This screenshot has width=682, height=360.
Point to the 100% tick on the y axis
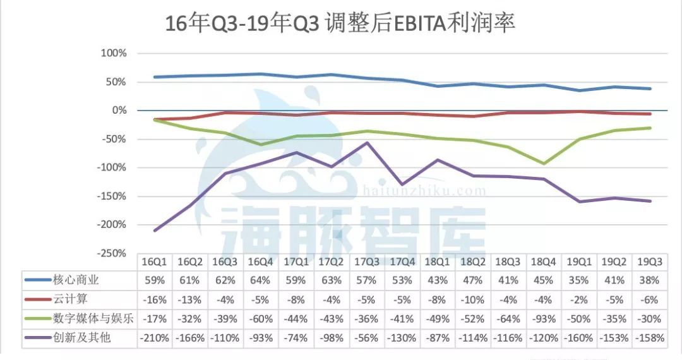[114, 54]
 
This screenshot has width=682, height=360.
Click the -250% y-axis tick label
[112, 253]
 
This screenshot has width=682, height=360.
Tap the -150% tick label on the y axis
[112, 196]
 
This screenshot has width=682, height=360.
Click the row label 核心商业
[82, 280]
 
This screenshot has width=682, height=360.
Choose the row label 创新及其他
[82, 338]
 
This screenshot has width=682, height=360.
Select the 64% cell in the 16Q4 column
[261, 280]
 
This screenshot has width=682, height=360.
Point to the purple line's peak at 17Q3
[367, 143]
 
